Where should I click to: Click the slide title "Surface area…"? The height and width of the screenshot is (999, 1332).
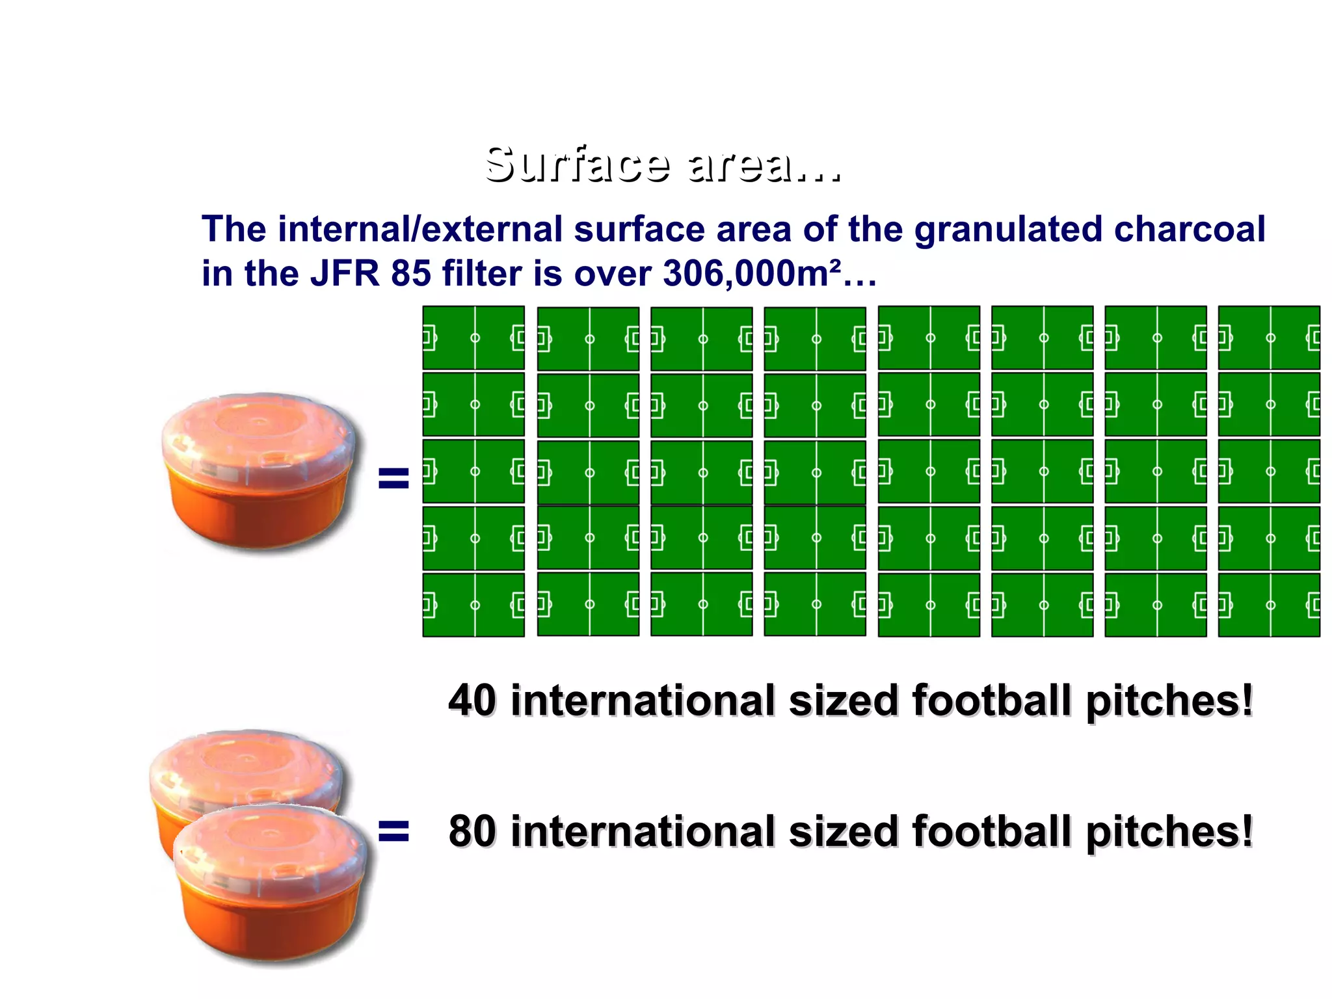662,164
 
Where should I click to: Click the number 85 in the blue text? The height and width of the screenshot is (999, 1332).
410,273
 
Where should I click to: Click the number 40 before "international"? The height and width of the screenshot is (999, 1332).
472,700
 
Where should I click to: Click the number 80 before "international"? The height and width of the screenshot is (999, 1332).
472,831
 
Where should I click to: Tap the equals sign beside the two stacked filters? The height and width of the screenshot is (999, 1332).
393,831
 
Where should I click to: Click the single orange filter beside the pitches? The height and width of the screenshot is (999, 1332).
259,472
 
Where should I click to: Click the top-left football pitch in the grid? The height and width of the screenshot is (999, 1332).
473,338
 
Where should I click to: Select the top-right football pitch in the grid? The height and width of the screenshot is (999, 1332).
1269,338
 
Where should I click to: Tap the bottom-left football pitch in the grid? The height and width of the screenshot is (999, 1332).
473,605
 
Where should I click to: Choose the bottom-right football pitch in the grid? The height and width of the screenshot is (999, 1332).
1269,605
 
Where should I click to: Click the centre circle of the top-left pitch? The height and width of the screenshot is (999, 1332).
475,338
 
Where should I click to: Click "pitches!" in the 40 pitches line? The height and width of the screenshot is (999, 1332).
1169,700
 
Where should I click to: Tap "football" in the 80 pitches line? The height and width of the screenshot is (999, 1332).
993,831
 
